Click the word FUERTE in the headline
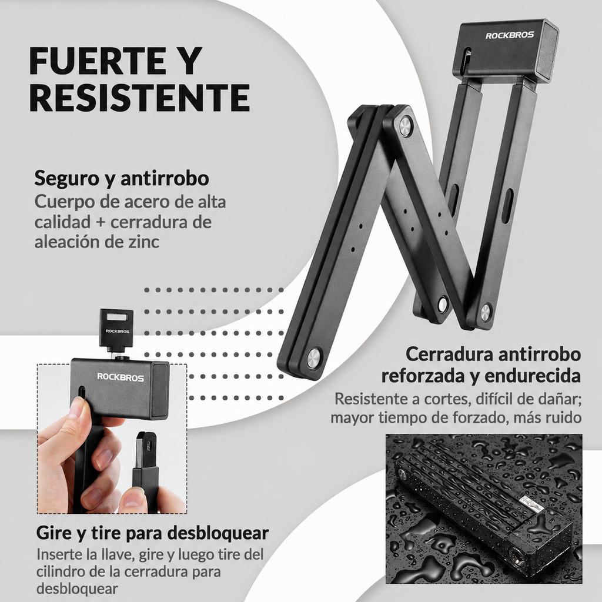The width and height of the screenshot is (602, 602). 98,61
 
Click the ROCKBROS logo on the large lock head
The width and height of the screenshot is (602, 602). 510,35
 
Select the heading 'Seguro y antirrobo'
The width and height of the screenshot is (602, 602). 122,178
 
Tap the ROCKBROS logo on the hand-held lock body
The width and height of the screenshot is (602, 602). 121,377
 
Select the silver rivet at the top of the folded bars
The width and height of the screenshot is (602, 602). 406,127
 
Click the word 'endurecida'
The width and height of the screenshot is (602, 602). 533,376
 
